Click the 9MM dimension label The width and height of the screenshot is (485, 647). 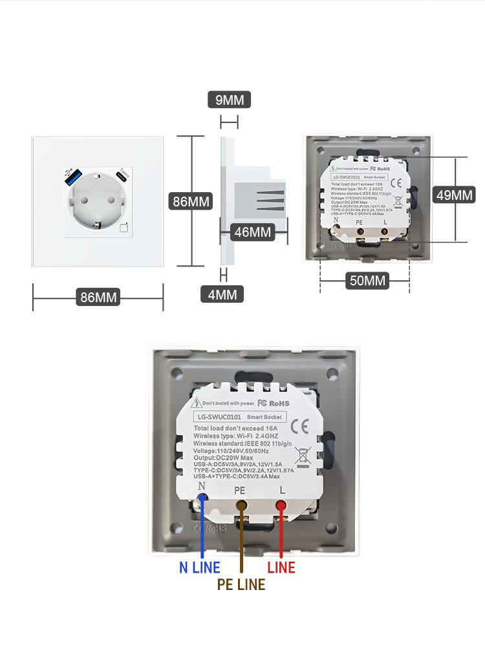pyautogui.click(x=229, y=100)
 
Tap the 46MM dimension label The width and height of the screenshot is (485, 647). pyautogui.click(x=252, y=232)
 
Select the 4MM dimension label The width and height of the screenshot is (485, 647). pyautogui.click(x=222, y=295)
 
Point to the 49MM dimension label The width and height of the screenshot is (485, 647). pyautogui.click(x=454, y=195)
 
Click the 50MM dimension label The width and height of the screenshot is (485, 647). pyautogui.click(x=367, y=280)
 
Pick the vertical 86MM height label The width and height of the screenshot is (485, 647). pyautogui.click(x=191, y=201)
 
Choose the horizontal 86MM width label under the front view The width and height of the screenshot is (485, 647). pyautogui.click(x=98, y=298)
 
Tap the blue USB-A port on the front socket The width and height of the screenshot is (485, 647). pyautogui.click(x=71, y=177)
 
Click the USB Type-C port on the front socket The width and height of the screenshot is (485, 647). pyautogui.click(x=122, y=176)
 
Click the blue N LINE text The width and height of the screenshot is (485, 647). pyautogui.click(x=199, y=568)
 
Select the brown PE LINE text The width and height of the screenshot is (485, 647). pyautogui.click(x=241, y=585)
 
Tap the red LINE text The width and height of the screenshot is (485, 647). pyautogui.click(x=281, y=568)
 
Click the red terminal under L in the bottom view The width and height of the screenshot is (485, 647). pyautogui.click(x=281, y=505)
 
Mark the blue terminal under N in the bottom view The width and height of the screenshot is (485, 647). pyautogui.click(x=202, y=499)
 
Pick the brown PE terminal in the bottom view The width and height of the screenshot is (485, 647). pyautogui.click(x=242, y=505)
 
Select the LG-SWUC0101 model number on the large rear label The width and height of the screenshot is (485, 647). pyautogui.click(x=219, y=417)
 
